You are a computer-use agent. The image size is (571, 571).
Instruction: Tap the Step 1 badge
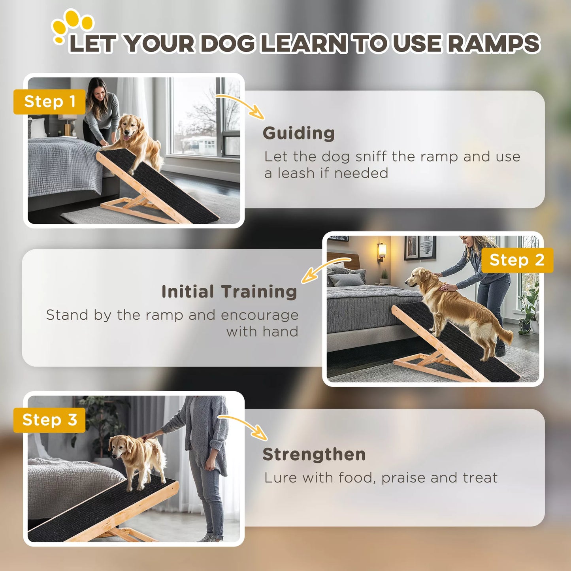pyautogui.click(x=49, y=102)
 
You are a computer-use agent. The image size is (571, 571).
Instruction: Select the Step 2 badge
pyautogui.click(x=517, y=260)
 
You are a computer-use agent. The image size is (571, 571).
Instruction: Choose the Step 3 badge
pyautogui.click(x=49, y=420)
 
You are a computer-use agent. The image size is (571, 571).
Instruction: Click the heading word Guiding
pyautogui.click(x=299, y=134)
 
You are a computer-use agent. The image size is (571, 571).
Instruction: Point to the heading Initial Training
pyautogui.click(x=229, y=292)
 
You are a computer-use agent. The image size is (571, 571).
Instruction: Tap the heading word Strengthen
pyautogui.click(x=314, y=454)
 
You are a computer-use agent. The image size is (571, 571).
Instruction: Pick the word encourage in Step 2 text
pyautogui.click(x=259, y=315)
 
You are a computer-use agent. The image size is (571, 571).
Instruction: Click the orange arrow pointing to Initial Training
pyautogui.click(x=324, y=269)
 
